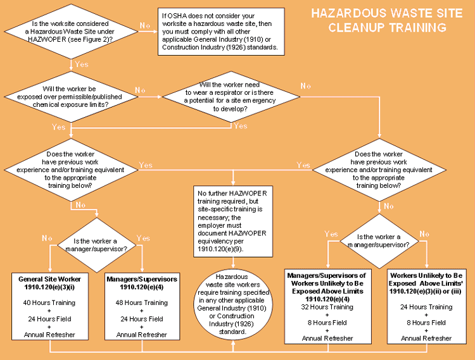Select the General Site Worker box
tap(49, 307)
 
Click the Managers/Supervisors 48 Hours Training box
tap(142, 307)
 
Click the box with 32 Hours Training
tap(327, 307)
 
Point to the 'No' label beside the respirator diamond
tap(306, 85)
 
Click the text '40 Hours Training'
tap(49, 303)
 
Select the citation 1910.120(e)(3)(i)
tap(49, 287)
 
